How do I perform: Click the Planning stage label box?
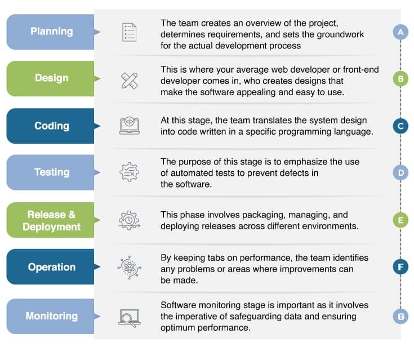point(51,32)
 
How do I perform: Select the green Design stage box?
point(51,79)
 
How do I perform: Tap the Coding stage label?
point(51,126)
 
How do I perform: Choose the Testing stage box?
point(51,172)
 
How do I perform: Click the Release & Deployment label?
point(51,220)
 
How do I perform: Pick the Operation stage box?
point(51,267)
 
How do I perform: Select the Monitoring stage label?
point(51,315)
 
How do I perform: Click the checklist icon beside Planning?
point(129,32)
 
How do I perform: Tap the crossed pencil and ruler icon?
point(129,80)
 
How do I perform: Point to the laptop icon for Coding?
point(129,126)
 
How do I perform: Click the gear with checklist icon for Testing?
point(129,172)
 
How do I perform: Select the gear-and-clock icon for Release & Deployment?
point(129,220)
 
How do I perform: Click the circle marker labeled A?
point(400,32)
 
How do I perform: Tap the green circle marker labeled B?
point(400,79)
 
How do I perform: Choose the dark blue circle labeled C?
point(400,126)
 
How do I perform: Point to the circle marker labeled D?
point(400,172)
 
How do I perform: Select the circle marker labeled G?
point(400,317)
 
